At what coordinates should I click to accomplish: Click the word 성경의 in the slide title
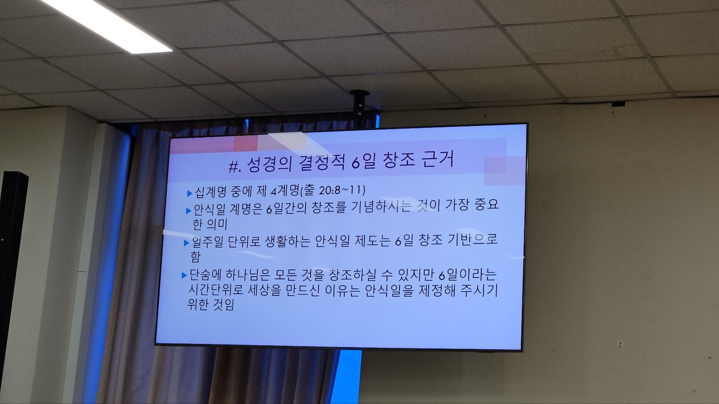click(269, 165)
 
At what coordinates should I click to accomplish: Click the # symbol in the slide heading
click(234, 167)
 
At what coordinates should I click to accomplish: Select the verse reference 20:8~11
click(342, 190)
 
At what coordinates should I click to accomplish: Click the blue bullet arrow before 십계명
click(190, 194)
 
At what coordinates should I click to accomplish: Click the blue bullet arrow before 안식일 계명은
click(189, 210)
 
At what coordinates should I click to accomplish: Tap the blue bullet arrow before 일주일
click(186, 243)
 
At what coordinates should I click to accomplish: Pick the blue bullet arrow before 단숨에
click(184, 275)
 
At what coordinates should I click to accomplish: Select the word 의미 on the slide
click(217, 224)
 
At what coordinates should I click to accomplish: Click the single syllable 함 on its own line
click(195, 257)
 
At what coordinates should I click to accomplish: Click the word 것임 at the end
click(224, 305)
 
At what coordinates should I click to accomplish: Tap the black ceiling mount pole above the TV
click(359, 109)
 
